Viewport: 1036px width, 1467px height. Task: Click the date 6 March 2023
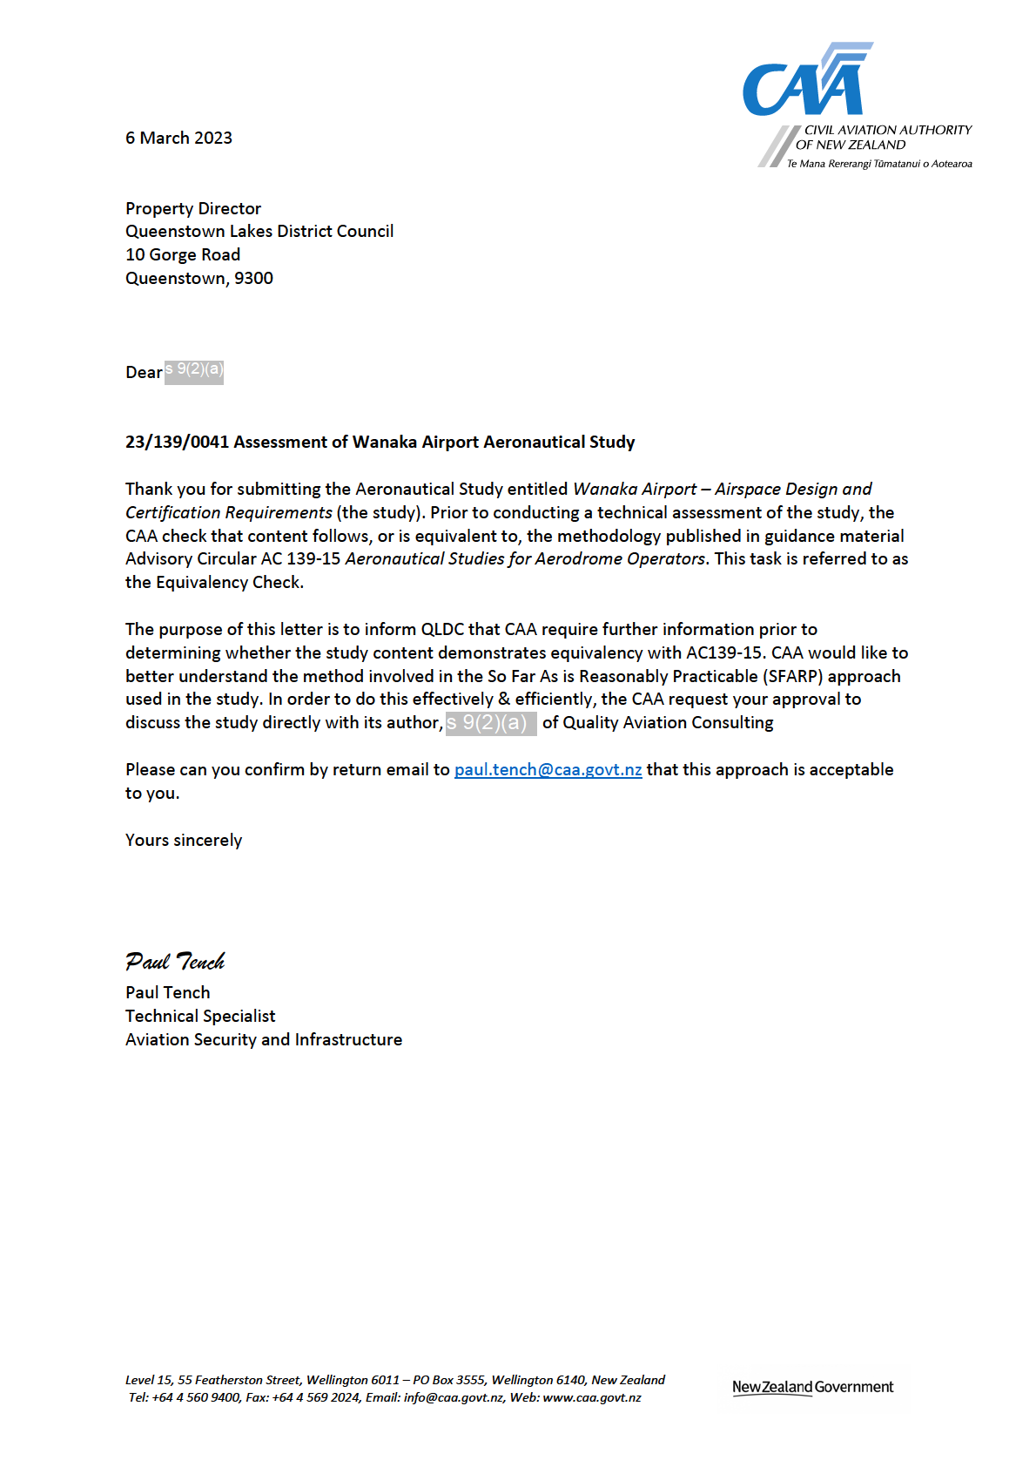[x=178, y=138]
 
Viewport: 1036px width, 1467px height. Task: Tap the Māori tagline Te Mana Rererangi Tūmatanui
[x=879, y=164]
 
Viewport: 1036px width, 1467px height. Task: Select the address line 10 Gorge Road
[x=183, y=254]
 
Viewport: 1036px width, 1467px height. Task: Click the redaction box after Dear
[x=194, y=371]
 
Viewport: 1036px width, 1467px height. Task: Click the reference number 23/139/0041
[x=177, y=442]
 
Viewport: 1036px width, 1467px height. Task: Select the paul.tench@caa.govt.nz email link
[x=548, y=769]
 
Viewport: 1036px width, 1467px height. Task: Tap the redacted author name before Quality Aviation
[x=490, y=723]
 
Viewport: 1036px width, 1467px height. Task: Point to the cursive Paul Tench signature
[x=175, y=962]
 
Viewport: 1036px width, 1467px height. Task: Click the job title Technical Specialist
[x=200, y=1016]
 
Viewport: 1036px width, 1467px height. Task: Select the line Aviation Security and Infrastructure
[x=264, y=1039]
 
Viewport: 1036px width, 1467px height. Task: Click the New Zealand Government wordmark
[x=812, y=1387]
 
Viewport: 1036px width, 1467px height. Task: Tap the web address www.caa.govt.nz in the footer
[x=592, y=1397]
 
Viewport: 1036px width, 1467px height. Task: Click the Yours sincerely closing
[x=184, y=840]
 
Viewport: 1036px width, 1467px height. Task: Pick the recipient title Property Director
[x=193, y=208]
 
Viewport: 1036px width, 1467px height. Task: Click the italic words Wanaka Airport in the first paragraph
[x=635, y=489]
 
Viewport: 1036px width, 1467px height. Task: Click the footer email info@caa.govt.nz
[x=454, y=1397]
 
